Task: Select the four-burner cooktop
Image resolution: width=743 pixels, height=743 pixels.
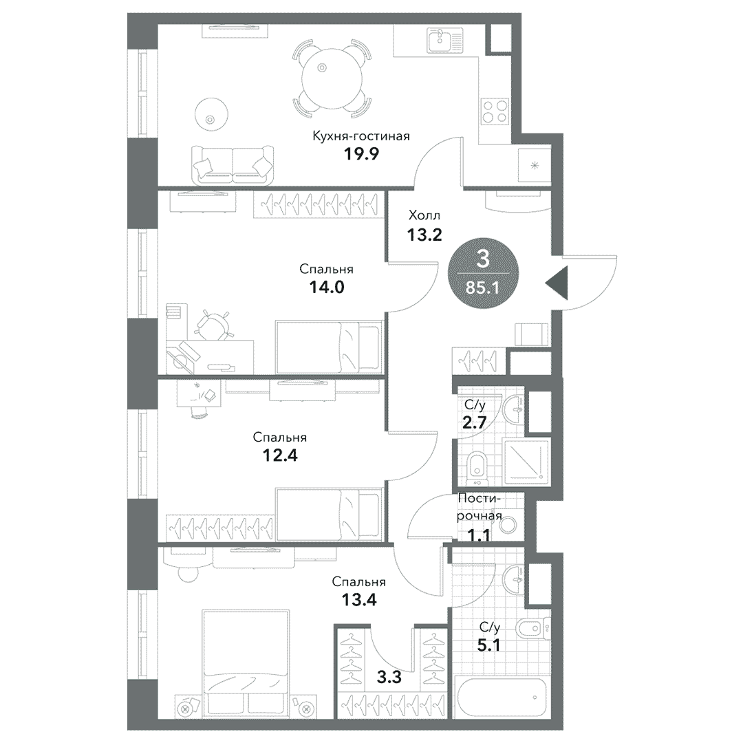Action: (495, 111)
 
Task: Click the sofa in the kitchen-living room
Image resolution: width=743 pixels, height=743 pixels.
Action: (233, 165)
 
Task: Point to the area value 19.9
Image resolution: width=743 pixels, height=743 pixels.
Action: (361, 154)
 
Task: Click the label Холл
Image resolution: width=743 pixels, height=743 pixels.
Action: (424, 215)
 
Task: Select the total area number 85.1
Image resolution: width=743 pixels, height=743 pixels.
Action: (482, 287)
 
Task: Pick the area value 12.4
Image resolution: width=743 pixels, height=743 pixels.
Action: (279, 455)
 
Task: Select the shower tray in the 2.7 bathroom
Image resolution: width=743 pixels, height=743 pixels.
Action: (526, 462)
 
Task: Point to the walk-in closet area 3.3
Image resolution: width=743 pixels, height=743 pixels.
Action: (389, 677)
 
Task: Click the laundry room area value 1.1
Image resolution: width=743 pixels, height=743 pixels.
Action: (479, 535)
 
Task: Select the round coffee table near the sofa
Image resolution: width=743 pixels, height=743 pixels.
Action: (211, 114)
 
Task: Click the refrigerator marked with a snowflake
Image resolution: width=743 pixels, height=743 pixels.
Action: (534, 165)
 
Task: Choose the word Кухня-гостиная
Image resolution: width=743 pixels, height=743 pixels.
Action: (361, 136)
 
